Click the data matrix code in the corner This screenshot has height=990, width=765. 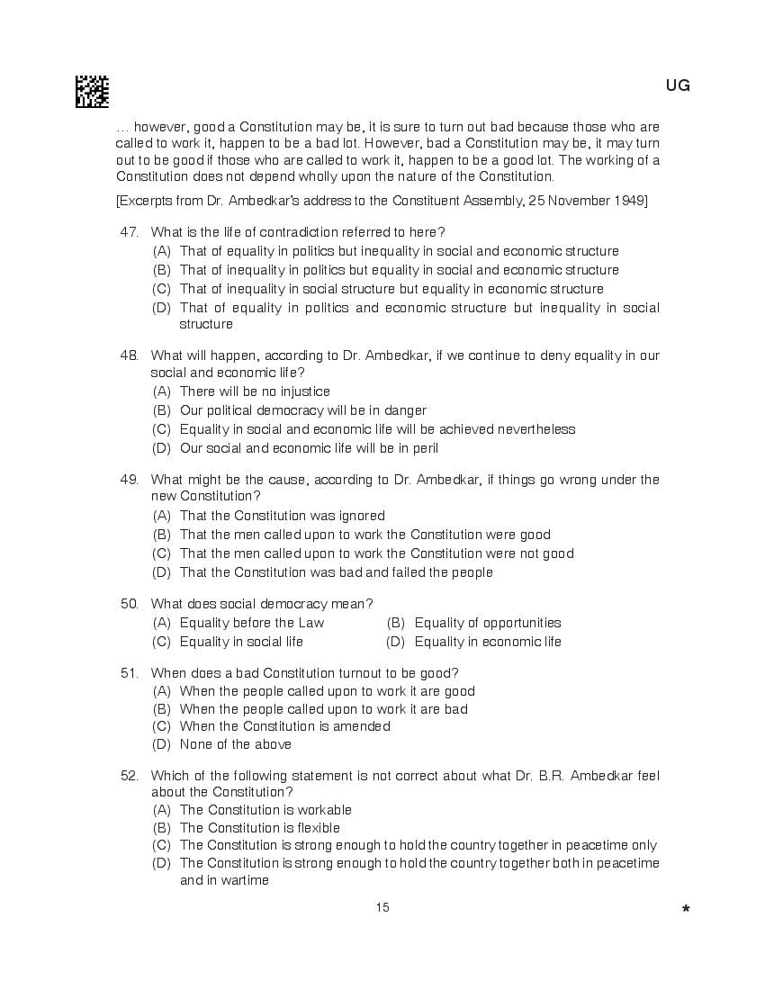tap(92, 92)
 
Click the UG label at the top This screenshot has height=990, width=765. tap(678, 86)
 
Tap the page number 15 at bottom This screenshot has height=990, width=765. tap(382, 907)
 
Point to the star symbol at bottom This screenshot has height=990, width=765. tap(686, 910)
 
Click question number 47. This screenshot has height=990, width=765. tap(129, 232)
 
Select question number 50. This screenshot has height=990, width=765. tap(129, 603)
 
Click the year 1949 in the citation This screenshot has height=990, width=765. tap(629, 200)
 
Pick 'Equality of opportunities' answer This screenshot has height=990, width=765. tap(487, 623)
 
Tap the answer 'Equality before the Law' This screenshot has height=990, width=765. tap(252, 623)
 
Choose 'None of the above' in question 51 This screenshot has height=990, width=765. tap(236, 744)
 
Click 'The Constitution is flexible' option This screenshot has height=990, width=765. tap(260, 828)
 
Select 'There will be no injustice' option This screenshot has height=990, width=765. tap(255, 391)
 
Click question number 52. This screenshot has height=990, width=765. tap(129, 775)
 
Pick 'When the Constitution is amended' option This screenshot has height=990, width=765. tap(284, 726)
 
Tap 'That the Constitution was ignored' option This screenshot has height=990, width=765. tap(282, 516)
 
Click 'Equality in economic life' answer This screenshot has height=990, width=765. tap(487, 642)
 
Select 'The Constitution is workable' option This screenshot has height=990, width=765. tap(265, 810)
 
